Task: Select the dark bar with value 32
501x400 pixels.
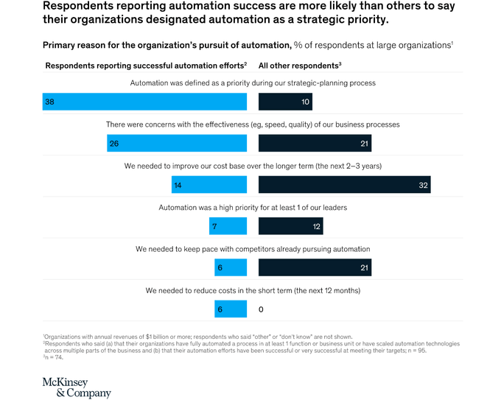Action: click(344, 185)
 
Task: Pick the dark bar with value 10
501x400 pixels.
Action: click(285, 102)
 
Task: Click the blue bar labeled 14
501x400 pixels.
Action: click(209, 185)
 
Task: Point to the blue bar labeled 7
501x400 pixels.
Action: click(228, 226)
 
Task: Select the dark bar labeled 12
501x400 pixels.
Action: click(290, 226)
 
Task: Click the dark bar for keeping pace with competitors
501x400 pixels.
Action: click(315, 267)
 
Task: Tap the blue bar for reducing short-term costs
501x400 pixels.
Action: click(231, 309)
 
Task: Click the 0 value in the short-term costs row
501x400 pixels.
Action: click(261, 310)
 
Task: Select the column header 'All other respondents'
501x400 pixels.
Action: click(299, 66)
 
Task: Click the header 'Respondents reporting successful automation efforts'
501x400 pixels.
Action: click(145, 66)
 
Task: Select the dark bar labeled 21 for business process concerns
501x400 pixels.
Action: click(315, 144)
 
